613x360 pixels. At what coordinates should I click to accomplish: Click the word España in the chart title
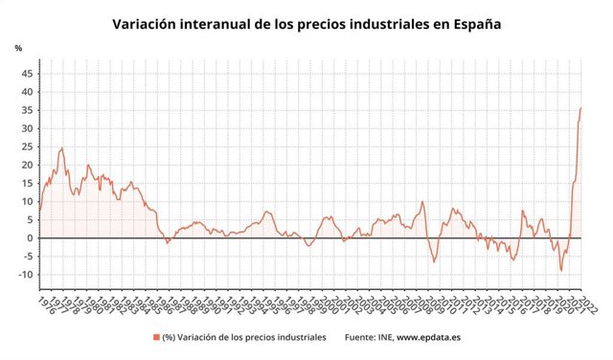click(473, 22)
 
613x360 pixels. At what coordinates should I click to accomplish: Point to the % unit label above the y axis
click(18, 48)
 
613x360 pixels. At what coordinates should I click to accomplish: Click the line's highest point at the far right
click(580, 108)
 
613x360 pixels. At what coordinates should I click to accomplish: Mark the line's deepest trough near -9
click(561, 270)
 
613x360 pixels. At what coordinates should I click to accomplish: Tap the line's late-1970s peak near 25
click(62, 148)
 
